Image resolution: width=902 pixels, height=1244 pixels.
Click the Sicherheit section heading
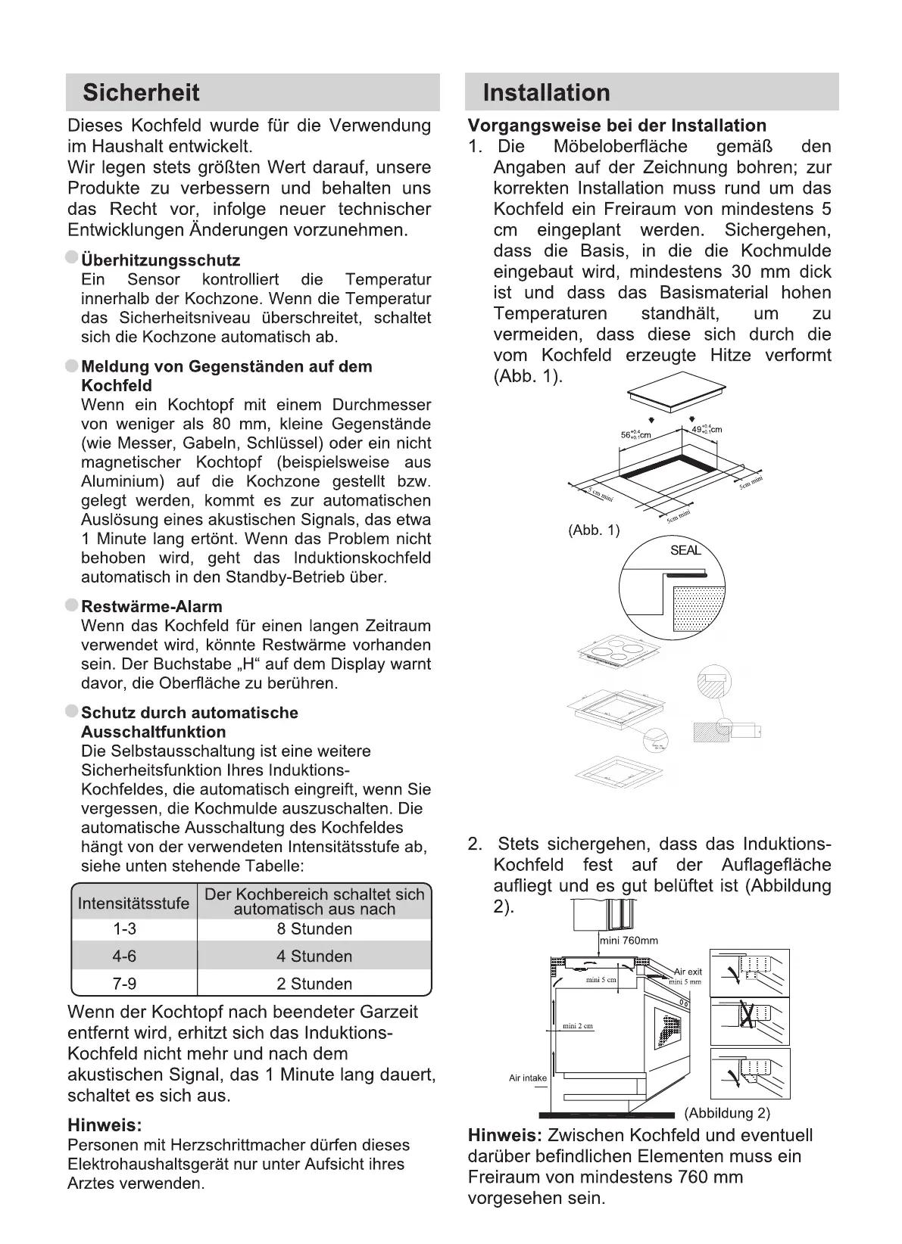[x=141, y=93]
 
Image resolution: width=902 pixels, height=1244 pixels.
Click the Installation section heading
[x=546, y=93]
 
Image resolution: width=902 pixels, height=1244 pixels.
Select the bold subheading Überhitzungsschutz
[x=161, y=260]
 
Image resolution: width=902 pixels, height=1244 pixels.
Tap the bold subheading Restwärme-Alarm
[x=151, y=606]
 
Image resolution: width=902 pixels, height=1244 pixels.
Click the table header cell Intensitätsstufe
[x=133, y=903]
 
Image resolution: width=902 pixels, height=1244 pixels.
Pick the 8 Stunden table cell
[x=314, y=929]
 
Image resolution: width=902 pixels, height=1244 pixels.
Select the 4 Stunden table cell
[x=314, y=956]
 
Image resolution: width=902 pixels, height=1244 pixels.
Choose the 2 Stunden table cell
[x=314, y=984]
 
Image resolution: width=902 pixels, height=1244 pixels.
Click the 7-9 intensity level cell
[x=124, y=984]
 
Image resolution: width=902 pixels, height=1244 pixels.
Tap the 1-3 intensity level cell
[x=124, y=929]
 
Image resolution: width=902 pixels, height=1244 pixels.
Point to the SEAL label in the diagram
[x=685, y=550]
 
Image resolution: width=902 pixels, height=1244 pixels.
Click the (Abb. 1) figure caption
[x=594, y=530]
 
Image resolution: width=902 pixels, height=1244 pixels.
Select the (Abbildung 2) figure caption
[x=727, y=1113]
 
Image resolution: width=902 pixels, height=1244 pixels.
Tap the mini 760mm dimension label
[x=629, y=941]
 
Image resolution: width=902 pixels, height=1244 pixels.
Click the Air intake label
[x=528, y=1078]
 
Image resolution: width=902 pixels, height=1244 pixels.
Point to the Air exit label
[x=688, y=972]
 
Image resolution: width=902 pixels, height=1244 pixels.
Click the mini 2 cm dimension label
[x=578, y=1026]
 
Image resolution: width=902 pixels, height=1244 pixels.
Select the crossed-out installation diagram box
[x=750, y=1021]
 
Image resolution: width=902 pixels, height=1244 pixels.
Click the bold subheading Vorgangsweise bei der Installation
[x=616, y=126]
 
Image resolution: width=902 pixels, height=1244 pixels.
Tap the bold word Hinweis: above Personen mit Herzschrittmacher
[x=105, y=1125]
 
